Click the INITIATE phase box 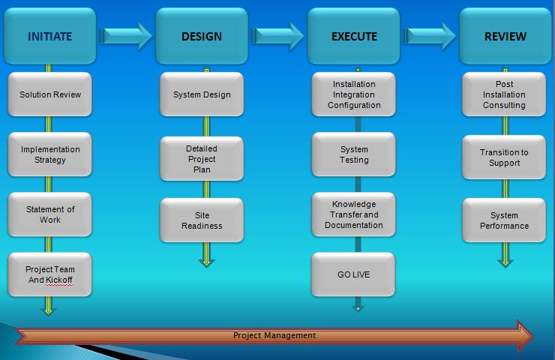point(49,36)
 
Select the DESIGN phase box point(202,36)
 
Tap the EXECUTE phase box point(354,36)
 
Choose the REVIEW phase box point(505,36)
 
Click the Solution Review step point(50,94)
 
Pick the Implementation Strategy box point(50,154)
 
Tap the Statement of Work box point(50,214)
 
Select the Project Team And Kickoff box point(50,274)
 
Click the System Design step point(202,94)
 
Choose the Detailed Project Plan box point(202,159)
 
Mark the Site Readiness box point(202,220)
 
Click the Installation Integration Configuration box point(354,94)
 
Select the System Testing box point(354,154)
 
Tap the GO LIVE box point(354,274)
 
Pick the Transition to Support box point(504,157)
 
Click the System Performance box point(504,220)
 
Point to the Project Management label point(274,335)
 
